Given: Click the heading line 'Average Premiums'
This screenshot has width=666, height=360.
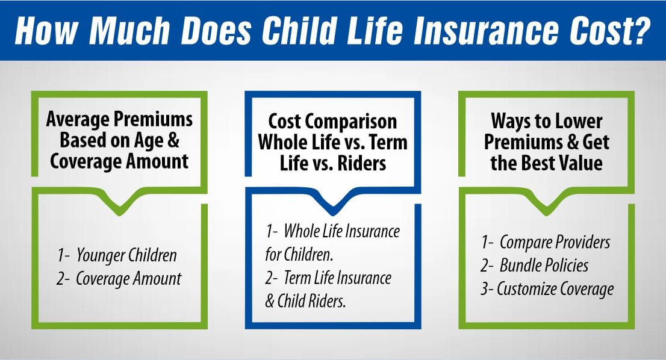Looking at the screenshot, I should [x=120, y=119].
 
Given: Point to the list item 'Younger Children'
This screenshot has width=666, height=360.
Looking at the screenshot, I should [x=126, y=255].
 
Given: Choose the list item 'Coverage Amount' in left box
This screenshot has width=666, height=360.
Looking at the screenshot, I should [x=128, y=279].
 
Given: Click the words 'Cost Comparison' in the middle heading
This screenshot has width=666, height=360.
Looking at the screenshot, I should [x=332, y=122].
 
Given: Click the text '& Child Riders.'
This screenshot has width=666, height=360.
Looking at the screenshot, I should [x=306, y=301].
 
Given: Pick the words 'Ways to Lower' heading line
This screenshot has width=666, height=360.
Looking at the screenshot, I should [x=546, y=120].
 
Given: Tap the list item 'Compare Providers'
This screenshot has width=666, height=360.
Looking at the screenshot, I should [x=554, y=242].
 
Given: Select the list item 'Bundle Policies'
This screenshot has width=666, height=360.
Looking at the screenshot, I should [x=543, y=265].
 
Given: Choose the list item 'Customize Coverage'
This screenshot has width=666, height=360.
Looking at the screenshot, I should [x=555, y=288].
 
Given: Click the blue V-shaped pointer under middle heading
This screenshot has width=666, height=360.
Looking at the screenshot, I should [x=332, y=203].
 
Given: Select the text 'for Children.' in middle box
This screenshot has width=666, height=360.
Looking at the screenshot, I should [x=299, y=255].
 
